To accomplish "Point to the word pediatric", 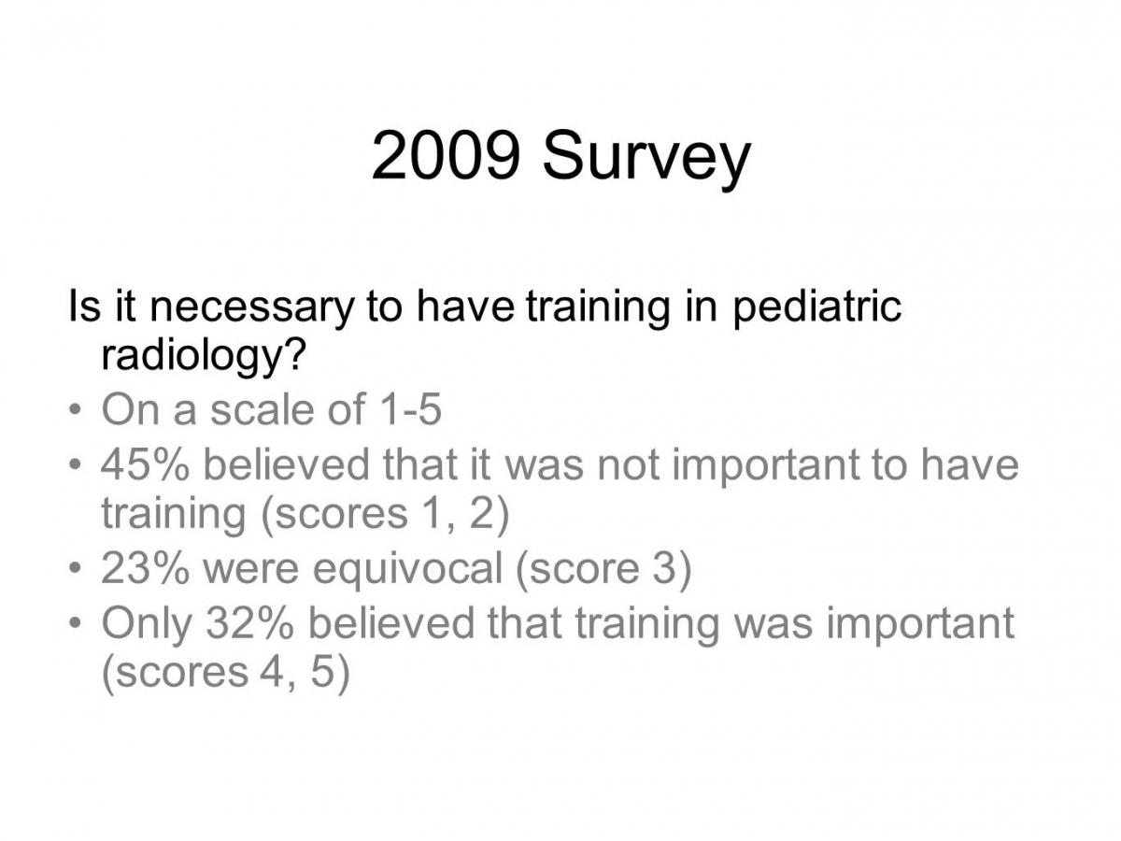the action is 816,306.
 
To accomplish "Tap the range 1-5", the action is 410,409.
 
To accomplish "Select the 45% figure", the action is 145,464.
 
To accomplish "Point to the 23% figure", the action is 145,569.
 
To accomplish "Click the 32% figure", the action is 249,622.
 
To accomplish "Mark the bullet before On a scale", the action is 75,410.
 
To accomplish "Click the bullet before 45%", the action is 75,465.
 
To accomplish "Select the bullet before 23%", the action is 75,568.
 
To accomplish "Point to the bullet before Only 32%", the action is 75,623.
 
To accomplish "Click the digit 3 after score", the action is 663,569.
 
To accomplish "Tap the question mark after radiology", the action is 294,353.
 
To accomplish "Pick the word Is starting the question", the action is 84,306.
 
